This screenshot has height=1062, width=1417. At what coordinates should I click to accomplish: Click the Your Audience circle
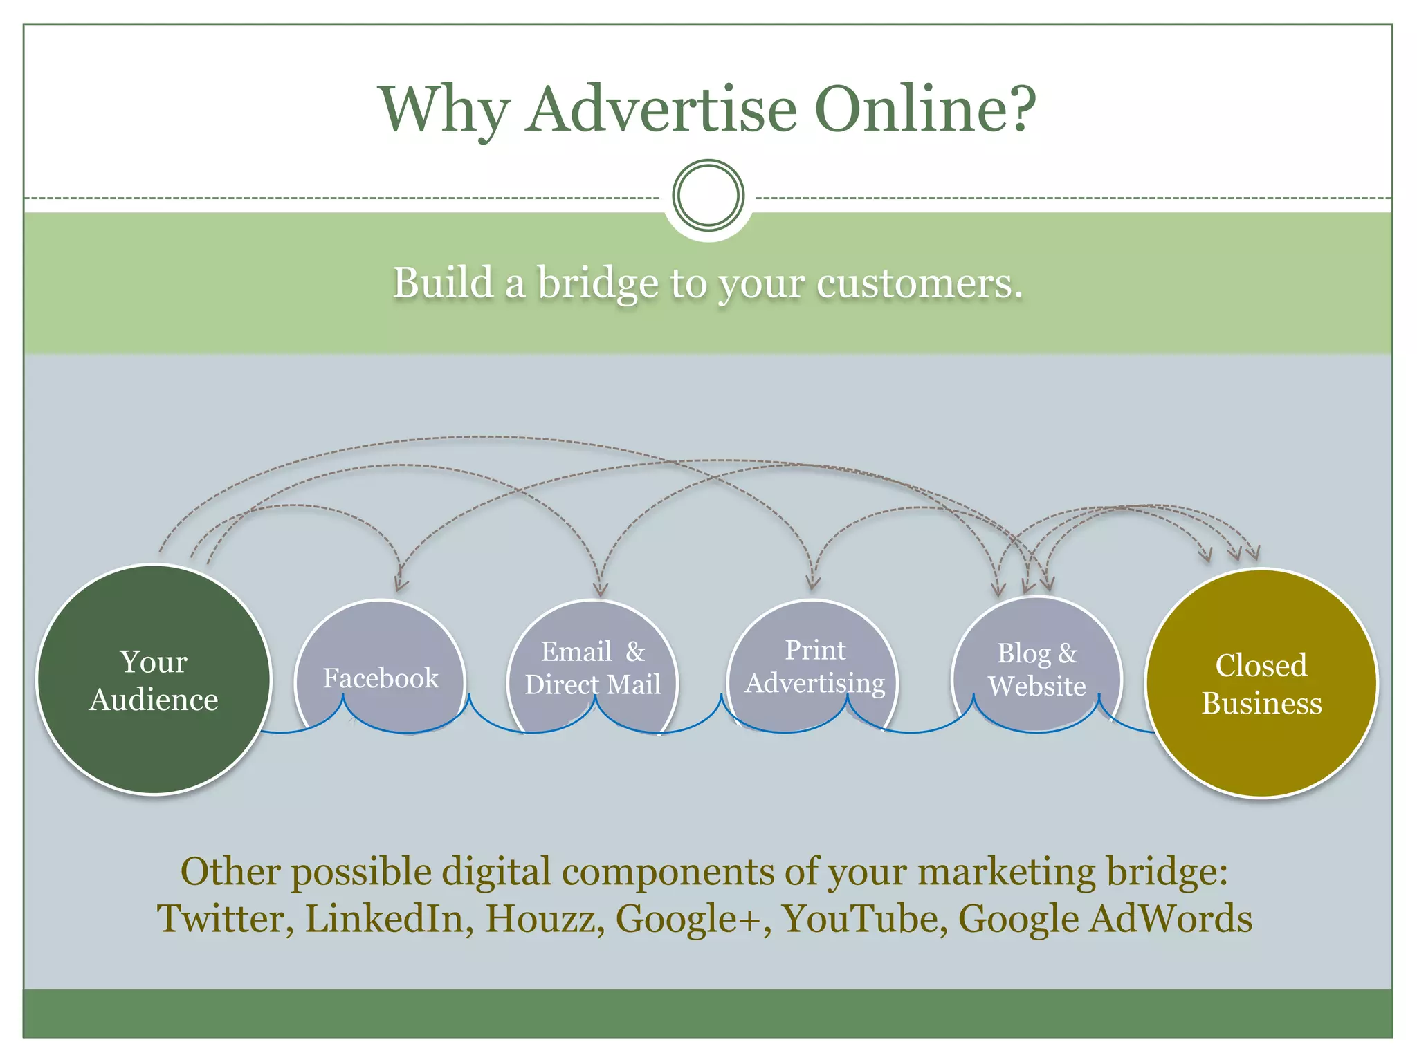[x=154, y=680]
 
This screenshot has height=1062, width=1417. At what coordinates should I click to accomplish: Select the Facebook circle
[x=381, y=671]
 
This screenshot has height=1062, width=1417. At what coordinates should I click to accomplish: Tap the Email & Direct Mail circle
[x=592, y=668]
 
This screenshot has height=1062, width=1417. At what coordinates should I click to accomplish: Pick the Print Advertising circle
[x=814, y=667]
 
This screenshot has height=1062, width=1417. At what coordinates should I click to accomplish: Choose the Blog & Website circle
[x=1036, y=668]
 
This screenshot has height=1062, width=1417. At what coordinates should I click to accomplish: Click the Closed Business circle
[x=1261, y=684]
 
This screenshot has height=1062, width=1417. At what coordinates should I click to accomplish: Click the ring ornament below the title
[x=708, y=195]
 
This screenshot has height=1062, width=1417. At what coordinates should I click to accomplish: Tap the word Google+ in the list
[x=693, y=920]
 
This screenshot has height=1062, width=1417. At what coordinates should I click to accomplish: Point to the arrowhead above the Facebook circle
[x=400, y=584]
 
